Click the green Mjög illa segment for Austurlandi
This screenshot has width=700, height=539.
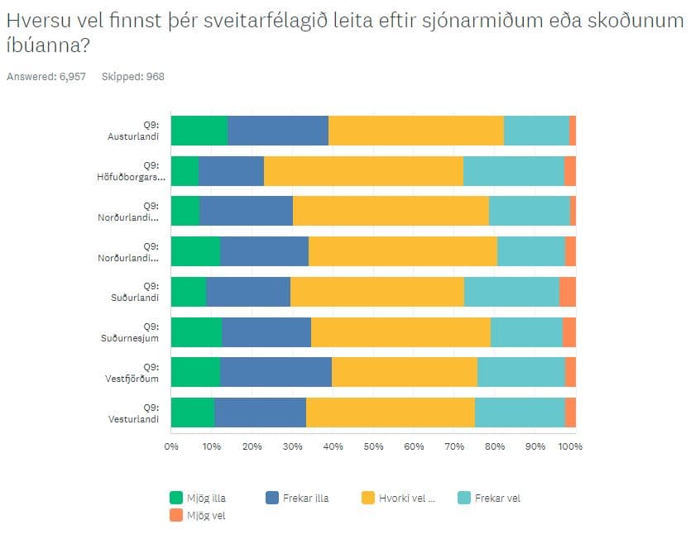199,131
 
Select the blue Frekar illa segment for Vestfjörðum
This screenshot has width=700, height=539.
276,373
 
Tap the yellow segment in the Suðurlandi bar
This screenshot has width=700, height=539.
376,292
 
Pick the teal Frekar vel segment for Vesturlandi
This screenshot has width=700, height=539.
520,413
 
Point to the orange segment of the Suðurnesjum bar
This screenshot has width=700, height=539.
569,332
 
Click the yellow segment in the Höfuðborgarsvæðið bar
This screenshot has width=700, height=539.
363,171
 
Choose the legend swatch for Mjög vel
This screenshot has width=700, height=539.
175,515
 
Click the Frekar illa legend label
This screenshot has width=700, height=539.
305,498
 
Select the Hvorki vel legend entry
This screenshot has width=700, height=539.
406,498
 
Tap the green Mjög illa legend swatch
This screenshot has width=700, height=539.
175,498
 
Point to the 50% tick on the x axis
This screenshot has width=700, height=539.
373,446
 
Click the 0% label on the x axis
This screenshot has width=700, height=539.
171,446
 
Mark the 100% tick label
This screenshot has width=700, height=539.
571,446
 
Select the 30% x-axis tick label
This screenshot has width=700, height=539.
292,446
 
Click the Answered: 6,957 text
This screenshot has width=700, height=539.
46,77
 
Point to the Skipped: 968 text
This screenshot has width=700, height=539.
132,77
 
